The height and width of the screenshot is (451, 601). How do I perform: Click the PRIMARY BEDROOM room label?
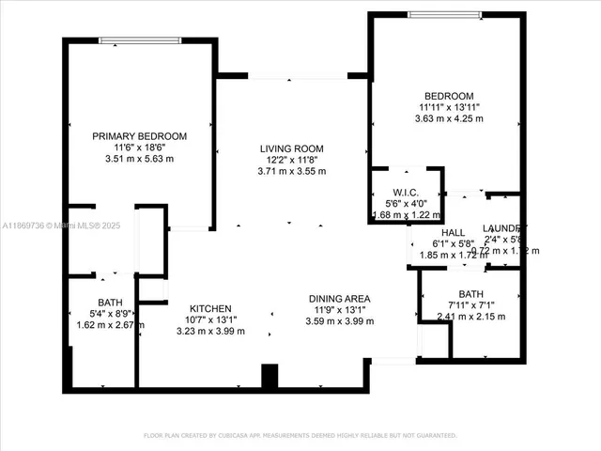[139, 136]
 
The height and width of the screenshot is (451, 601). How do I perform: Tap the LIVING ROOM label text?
[292, 148]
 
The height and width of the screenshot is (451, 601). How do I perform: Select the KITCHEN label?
[210, 308]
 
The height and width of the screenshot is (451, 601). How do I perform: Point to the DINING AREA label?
[341, 299]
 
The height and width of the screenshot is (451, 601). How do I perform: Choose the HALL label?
[453, 232]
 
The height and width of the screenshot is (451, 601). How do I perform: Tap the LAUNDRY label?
[503, 228]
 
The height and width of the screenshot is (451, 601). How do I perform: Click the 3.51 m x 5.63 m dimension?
[139, 159]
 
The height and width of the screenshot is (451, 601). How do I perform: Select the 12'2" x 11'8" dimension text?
[292, 160]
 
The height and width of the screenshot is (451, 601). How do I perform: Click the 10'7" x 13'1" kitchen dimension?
[210, 319]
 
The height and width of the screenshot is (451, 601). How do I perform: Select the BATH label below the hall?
[471, 294]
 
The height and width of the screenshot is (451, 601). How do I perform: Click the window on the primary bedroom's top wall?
[140, 40]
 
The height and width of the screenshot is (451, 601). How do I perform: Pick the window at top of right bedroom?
[445, 14]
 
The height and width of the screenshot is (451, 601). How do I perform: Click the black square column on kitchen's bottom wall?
[270, 376]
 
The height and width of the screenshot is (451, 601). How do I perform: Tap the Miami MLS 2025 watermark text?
[61, 225]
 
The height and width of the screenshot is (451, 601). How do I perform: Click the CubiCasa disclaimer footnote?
[300, 435]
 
